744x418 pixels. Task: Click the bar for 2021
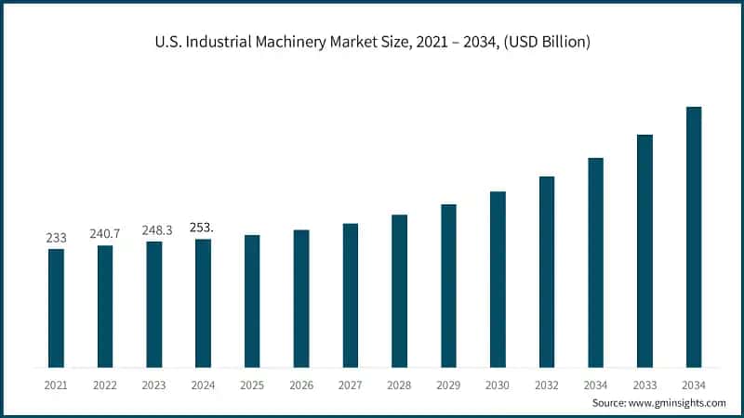[57, 307]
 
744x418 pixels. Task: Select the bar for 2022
[105, 306]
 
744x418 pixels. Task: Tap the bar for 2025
[252, 301]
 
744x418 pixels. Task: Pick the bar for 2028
[399, 291]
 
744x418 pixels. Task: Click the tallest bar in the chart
[694, 237]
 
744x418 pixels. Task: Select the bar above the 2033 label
[644, 251]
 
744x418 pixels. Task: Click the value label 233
[57, 238]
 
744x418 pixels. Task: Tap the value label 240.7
[105, 234]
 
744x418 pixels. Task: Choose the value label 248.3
[154, 230]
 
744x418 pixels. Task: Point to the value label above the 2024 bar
[202, 227]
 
